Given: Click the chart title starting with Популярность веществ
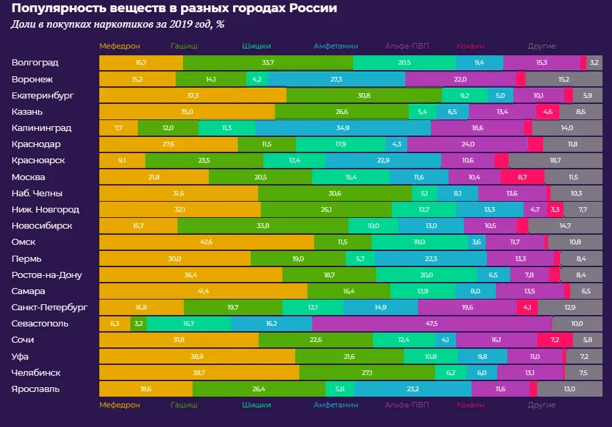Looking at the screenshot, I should pyautogui.click(x=174, y=9).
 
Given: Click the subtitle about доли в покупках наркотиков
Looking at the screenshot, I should pyautogui.click(x=118, y=25).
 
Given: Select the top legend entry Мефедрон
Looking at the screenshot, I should pyautogui.click(x=119, y=47).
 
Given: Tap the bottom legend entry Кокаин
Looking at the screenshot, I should pyautogui.click(x=470, y=405).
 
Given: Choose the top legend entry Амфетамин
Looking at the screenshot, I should pyautogui.click(x=335, y=47).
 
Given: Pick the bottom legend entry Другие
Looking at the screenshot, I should pyautogui.click(x=541, y=405).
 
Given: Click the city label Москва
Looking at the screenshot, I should pyautogui.click(x=28, y=177).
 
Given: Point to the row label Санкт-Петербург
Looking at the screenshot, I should pyautogui.click(x=49, y=308).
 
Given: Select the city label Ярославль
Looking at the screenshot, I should pyautogui.click(x=35, y=389).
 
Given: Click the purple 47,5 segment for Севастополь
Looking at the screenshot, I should pyautogui.click(x=432, y=324).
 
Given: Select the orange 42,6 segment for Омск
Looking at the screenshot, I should pyautogui.click(x=206, y=242).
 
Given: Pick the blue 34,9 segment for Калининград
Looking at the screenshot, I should pyautogui.click(x=342, y=127).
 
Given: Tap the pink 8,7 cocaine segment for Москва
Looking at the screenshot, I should pyautogui.click(x=522, y=177).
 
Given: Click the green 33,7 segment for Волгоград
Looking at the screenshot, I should pyautogui.click(x=267, y=63).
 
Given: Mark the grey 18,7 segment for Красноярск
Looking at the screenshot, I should pyautogui.click(x=555, y=161).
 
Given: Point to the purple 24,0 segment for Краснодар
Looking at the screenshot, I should pyautogui.click(x=467, y=144).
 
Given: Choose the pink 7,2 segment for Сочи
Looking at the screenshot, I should pyautogui.click(x=556, y=340).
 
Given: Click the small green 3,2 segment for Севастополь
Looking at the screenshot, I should pyautogui.click(x=138, y=324).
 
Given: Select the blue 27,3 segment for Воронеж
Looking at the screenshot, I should pyautogui.click(x=336, y=79).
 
